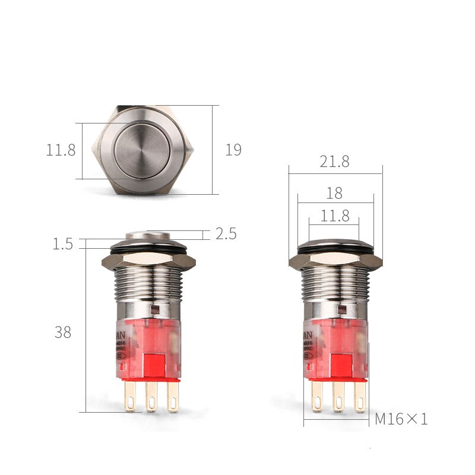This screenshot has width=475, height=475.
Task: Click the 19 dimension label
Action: coord(233,150)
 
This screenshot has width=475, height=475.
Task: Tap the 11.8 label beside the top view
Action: coord(61,150)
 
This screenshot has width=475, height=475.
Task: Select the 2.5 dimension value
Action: coord(226,234)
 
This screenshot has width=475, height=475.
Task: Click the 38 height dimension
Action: coord(63,332)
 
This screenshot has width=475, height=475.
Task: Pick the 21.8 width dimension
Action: coord(335,161)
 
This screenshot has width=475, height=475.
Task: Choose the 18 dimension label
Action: coord(335,193)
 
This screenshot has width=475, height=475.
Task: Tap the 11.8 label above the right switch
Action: coord(335,216)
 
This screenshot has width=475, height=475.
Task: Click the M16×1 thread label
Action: coord(401,419)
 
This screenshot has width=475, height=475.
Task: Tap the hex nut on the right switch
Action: coord(335,261)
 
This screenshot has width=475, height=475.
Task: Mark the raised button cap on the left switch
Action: coord(147,235)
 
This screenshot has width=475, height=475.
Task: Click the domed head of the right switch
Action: coord(335,244)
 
